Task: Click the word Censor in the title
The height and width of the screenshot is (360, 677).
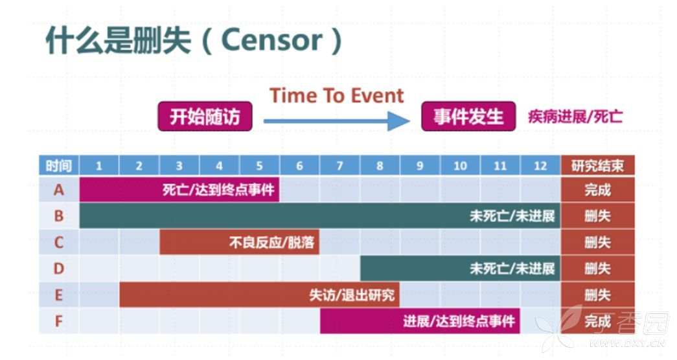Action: [x=271, y=40]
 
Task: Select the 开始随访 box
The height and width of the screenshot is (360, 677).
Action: [x=205, y=116]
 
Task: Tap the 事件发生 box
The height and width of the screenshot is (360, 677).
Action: [x=468, y=116]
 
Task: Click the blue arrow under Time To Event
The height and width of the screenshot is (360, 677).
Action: [x=336, y=121]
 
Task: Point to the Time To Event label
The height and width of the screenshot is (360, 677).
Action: [x=336, y=95]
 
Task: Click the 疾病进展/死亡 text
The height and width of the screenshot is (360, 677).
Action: [x=575, y=117]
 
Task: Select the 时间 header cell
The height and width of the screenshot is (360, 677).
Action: [x=59, y=166]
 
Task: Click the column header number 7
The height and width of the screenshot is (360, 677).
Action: [x=339, y=166]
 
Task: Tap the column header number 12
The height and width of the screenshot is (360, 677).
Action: [x=540, y=166]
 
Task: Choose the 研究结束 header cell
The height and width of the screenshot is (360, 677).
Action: [x=597, y=166]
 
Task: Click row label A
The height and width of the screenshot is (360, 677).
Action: [x=59, y=190]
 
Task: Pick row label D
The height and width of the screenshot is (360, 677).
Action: [x=59, y=269]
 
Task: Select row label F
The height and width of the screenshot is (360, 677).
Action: [x=59, y=321]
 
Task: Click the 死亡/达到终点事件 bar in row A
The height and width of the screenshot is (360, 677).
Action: [x=179, y=190]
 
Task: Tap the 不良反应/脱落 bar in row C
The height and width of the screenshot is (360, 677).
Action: [x=240, y=242]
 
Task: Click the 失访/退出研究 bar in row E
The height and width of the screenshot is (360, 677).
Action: [x=260, y=295]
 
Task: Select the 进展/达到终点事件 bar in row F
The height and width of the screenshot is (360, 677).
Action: [x=420, y=321]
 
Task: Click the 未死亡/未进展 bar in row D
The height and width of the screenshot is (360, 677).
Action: [x=460, y=269]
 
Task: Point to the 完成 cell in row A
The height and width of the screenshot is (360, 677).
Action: [x=597, y=190]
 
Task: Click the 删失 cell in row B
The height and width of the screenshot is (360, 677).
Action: [x=597, y=216]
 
